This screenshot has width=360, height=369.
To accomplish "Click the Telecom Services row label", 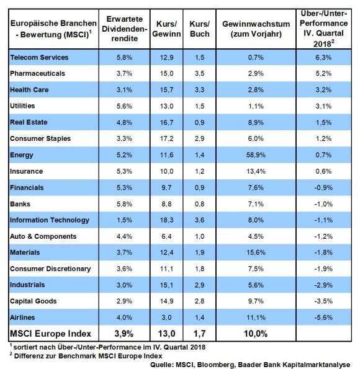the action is point(39,58).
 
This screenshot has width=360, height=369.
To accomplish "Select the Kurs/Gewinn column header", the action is point(166,29).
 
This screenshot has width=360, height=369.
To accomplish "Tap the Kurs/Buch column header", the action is point(200,29).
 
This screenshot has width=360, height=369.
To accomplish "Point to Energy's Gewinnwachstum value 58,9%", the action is point(256,155).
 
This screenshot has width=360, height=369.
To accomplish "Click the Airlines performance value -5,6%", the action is point(323,318).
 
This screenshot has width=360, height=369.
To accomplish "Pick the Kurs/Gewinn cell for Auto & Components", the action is point(166,236).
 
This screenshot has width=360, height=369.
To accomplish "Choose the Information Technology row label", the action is point(50,220).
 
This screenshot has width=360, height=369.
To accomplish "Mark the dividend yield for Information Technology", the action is point(124,220).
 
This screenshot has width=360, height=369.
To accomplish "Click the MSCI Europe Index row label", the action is point(50,334).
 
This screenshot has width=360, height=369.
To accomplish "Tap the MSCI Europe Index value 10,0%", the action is point(256,334).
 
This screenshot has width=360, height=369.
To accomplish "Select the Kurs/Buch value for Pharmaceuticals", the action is point(200,73).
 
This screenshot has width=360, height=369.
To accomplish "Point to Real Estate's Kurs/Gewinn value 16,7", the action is point(166,122).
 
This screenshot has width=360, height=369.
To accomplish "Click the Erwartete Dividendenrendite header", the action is point(124,29).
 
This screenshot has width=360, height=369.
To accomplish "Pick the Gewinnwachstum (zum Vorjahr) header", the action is point(256,29).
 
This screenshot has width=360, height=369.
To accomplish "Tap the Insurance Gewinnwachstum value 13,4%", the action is point(256,171).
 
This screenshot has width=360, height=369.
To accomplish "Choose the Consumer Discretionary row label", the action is point(50,269).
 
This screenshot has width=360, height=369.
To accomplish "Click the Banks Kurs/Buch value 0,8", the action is point(200,204).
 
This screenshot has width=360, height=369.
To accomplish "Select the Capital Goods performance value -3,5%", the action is point(323,301).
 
